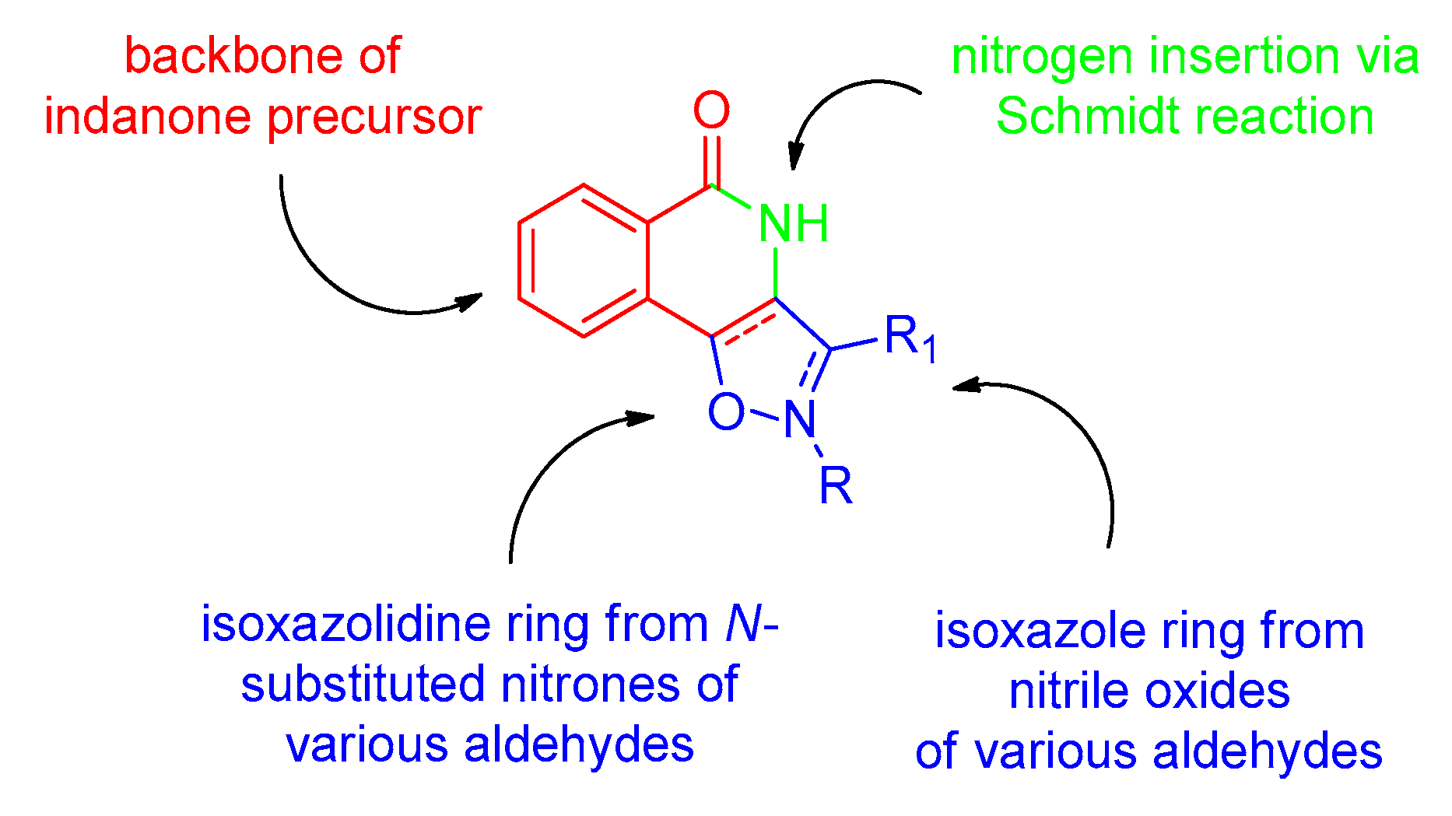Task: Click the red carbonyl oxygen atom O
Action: pos(711,110)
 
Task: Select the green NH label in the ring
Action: pos(792,224)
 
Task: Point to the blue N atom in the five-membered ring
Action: pos(799,420)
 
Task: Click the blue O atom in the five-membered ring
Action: pos(726,412)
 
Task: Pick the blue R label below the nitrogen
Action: pos(836,487)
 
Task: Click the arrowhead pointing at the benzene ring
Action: pos(471,300)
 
